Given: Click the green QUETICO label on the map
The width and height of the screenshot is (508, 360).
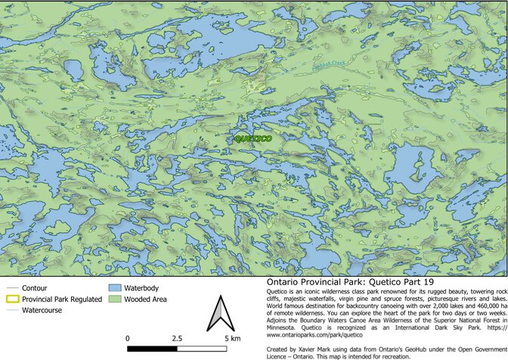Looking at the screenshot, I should pos(253,139).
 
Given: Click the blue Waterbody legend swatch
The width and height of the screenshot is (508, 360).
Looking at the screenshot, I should pos(115,289).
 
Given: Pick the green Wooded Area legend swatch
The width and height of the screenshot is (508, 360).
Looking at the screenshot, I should pos(115,299).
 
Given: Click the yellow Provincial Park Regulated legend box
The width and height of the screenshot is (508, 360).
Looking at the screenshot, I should pos(11,299).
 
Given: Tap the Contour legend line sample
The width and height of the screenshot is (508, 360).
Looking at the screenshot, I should pos(11,289).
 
